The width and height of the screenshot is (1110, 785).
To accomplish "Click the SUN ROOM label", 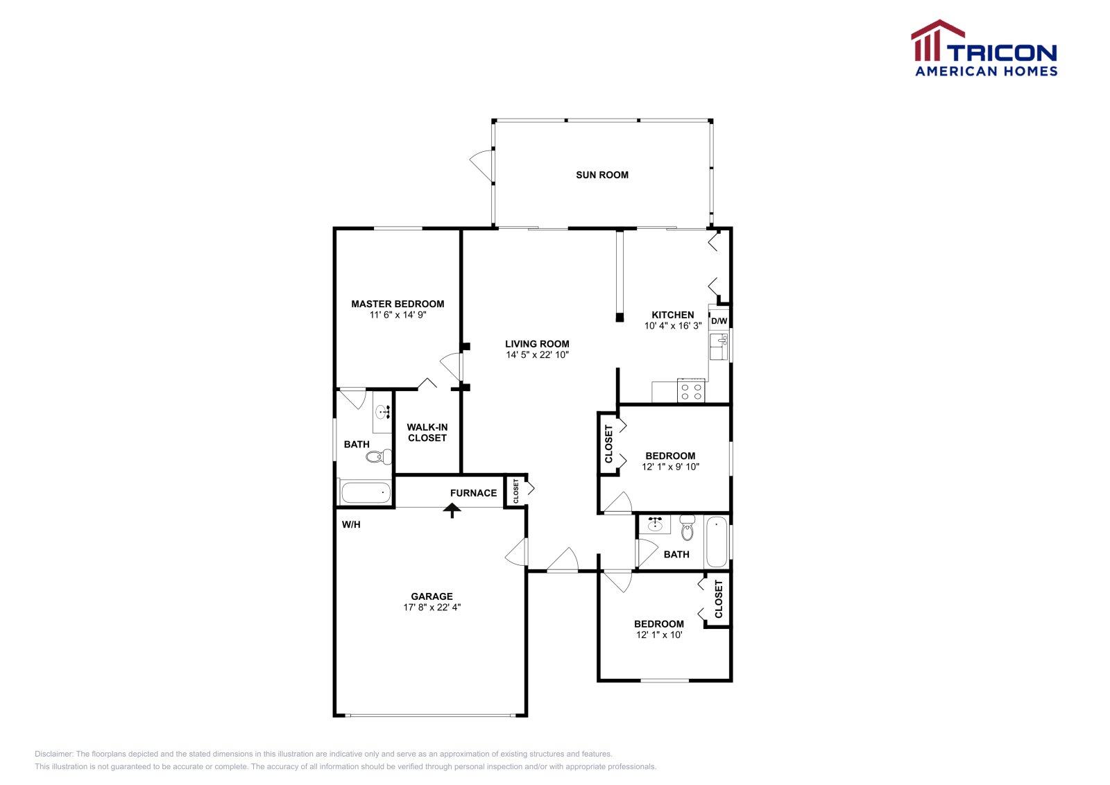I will coord(602,175).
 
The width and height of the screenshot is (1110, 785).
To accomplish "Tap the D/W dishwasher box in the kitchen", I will coord(719,320).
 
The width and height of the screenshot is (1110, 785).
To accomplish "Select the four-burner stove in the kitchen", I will coord(691,392).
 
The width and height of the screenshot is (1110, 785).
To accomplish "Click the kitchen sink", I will coord(718,345).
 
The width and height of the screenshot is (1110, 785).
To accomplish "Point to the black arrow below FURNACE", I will coord(452,511).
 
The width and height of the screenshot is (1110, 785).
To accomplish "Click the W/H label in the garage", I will coord(351,525).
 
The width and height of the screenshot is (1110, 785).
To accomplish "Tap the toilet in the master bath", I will coord(379,456).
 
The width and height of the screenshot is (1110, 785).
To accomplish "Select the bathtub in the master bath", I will coord(366,493).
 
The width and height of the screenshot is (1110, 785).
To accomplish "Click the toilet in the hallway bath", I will coord(687,529).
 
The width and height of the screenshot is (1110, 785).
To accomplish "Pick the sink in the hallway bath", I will coord(654,525).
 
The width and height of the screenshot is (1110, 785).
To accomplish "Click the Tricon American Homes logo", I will coord(984,49).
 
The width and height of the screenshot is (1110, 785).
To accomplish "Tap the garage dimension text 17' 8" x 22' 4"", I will coord(432,607).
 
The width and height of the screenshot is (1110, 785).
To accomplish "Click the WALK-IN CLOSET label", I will coord(427,433).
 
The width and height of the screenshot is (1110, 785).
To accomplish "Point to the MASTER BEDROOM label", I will coord(398,304).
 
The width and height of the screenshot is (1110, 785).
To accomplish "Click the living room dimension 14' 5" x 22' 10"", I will coord(537,355).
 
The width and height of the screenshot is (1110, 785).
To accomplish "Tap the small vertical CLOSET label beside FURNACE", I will coord(516,491).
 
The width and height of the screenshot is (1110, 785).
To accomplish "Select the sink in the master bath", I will coord(382,413).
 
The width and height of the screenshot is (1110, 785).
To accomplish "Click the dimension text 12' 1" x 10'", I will coord(659,635).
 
